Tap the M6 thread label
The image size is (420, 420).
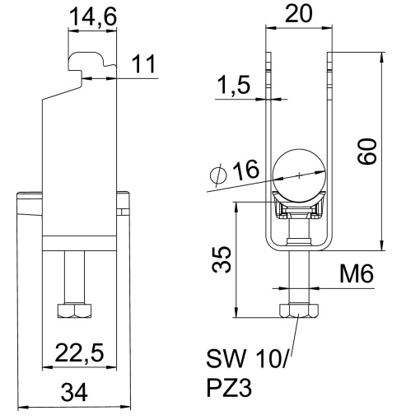tap(355, 274)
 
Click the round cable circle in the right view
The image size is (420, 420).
tap(299, 175)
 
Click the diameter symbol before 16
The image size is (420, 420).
tap(217, 175)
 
